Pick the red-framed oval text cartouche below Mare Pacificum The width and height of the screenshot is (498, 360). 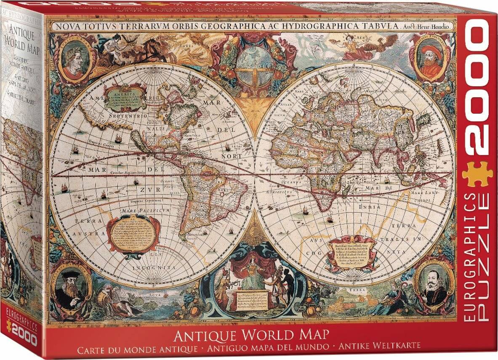click(131, 233)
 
